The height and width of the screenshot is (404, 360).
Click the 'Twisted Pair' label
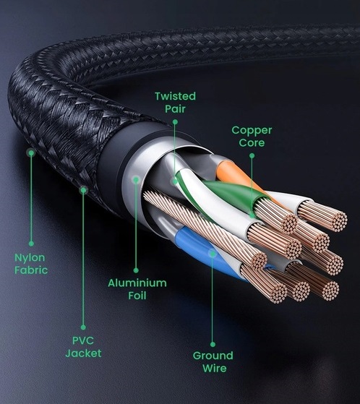175,103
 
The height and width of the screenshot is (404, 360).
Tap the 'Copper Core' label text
252,137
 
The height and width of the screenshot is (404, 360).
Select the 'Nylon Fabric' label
31,264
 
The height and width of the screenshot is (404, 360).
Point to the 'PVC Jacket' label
83,347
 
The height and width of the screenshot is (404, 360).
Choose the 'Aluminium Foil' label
137,289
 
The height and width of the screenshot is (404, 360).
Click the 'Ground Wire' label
213,361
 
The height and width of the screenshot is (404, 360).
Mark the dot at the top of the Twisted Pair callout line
175,121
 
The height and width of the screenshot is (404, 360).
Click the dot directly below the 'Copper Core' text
252,155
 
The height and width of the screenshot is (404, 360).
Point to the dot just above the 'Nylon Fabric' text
31,244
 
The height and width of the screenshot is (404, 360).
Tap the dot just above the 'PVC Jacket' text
83,327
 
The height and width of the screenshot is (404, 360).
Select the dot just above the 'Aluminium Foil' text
136,270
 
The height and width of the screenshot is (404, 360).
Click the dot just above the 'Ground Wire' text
213,344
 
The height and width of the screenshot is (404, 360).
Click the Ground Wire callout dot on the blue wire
213,254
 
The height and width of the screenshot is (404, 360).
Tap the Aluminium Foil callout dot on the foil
136,179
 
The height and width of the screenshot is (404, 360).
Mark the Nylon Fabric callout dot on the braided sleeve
31,153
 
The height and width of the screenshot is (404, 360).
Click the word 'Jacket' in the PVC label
83,353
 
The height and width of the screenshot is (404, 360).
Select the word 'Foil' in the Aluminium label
137,296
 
